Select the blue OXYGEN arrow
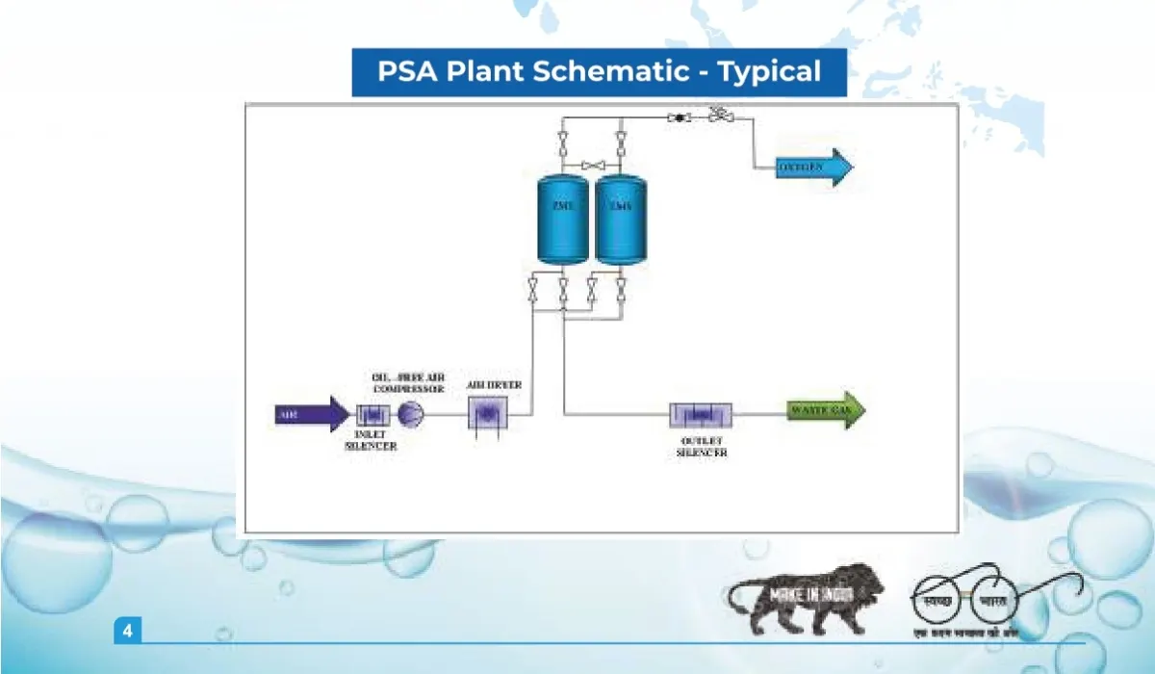point(814,168)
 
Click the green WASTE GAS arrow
point(826,411)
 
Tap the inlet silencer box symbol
point(371,415)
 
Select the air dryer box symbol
point(487,414)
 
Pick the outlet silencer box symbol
point(702,415)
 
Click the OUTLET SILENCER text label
point(702,446)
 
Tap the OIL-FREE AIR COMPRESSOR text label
point(408,382)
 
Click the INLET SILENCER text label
point(371,440)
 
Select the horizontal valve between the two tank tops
point(591,166)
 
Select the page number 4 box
point(127,632)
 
